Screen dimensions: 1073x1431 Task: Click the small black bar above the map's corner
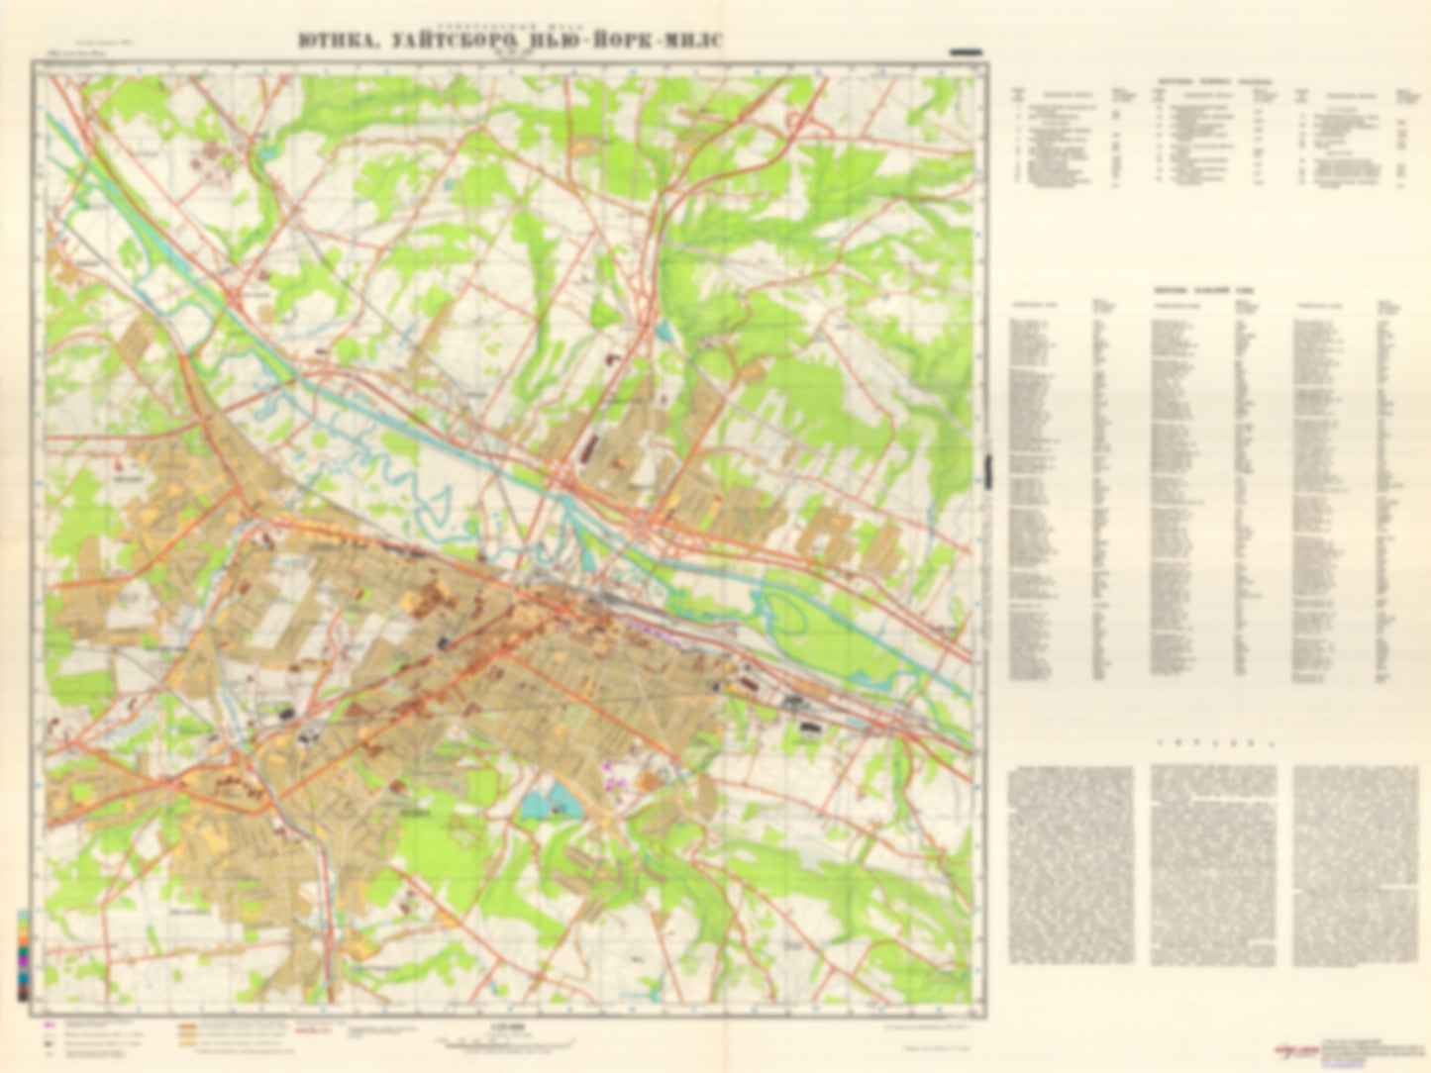965,49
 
